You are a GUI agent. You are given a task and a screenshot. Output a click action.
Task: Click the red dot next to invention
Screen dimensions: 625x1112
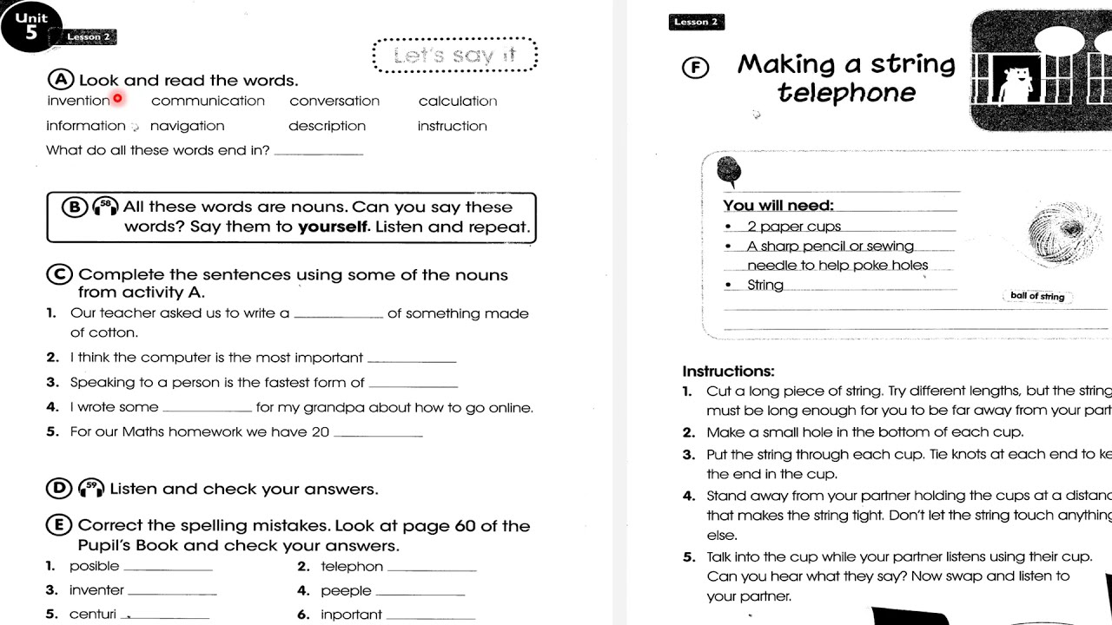pos(117,98)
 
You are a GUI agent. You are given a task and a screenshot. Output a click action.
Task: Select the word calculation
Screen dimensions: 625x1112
pos(458,102)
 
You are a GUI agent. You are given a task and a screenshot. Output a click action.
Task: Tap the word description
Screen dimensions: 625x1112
pos(327,126)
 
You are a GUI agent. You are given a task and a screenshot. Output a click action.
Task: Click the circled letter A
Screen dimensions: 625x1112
pos(61,80)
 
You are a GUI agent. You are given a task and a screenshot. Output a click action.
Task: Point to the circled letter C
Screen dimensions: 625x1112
pos(59,274)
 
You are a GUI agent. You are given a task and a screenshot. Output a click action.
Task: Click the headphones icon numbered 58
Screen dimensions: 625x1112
pos(105,207)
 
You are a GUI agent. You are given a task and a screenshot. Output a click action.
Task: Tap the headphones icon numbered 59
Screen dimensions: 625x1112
pos(91,489)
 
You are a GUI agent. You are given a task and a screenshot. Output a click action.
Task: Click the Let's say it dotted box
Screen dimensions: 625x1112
pos(455,56)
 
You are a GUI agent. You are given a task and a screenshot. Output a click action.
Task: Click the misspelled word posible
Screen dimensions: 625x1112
pos(94,566)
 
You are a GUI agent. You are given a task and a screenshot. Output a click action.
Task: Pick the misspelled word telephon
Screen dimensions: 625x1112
pos(352,567)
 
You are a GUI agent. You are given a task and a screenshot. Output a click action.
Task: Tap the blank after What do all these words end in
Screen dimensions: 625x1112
pos(318,153)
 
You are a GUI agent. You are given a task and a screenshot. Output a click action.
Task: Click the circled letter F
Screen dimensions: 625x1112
pos(694,68)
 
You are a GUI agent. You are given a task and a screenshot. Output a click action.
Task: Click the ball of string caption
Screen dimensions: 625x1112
pos(1037,296)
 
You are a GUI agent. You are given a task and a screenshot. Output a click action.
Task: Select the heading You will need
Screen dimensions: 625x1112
pos(778,206)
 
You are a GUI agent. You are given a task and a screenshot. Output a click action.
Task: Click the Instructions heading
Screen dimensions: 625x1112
pos(728,372)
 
